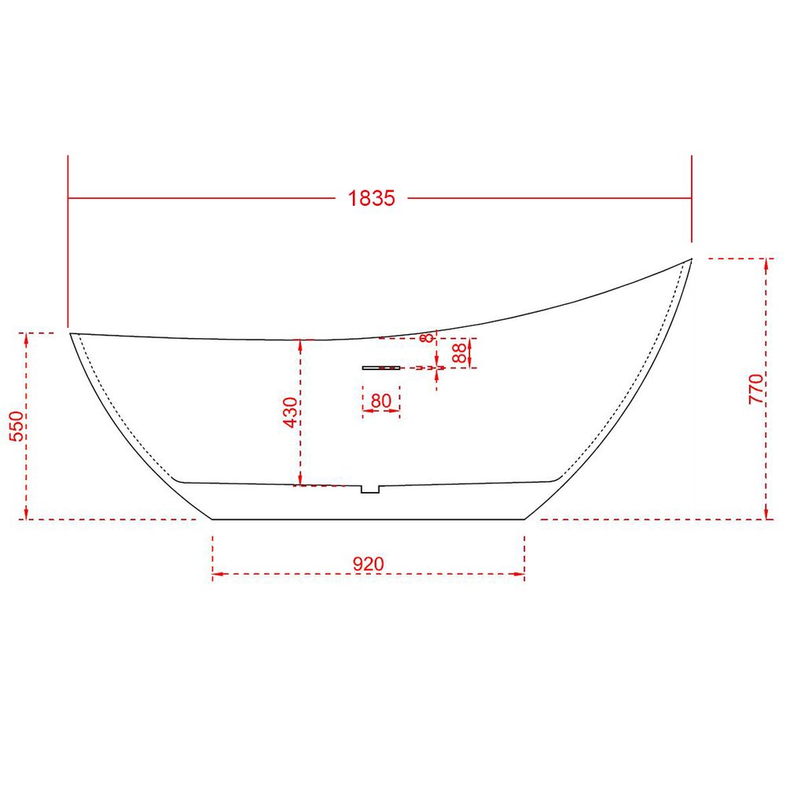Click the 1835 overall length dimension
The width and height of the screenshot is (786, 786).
[372, 199]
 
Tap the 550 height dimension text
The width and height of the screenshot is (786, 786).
[17, 425]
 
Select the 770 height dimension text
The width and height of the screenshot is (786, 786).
[756, 389]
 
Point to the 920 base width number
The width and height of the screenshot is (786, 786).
[369, 564]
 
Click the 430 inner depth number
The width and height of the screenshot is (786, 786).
[291, 413]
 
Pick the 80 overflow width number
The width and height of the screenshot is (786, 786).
[381, 401]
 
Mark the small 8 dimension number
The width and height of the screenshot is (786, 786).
[428, 338]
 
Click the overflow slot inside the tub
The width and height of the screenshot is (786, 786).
[381, 368]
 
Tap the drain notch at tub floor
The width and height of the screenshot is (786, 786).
[370, 489]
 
